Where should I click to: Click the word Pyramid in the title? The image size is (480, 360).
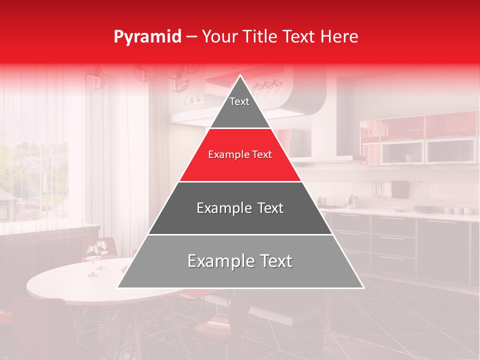[x=147, y=37]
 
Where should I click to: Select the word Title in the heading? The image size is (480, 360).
[x=262, y=36]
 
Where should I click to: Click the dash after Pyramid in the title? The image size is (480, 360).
[x=191, y=37]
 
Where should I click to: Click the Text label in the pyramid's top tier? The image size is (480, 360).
[x=239, y=101]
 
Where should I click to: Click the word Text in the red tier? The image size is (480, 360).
[x=261, y=155]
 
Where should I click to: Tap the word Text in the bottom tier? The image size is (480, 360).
[x=274, y=261]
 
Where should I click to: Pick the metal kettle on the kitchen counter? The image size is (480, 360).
[x=351, y=201]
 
